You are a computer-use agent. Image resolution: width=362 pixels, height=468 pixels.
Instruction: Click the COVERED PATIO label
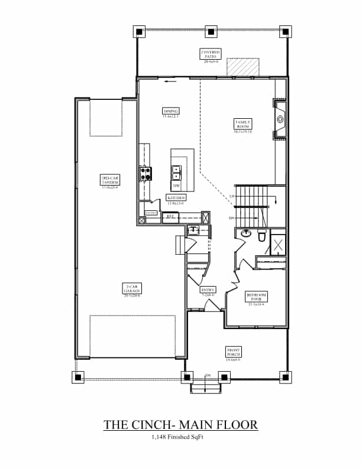(211, 56)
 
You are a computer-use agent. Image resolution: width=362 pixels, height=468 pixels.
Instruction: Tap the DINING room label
(170, 112)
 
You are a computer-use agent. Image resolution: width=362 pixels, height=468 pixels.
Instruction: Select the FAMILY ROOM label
(243, 126)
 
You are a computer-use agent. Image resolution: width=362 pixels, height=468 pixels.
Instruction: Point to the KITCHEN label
(176, 199)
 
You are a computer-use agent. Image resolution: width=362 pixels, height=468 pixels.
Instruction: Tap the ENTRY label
(208, 291)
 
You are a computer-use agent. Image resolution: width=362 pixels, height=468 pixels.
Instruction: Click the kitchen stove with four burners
(146, 173)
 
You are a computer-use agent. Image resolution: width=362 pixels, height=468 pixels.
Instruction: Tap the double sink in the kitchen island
(176, 173)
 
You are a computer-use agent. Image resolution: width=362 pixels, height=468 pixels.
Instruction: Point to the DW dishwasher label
(176, 186)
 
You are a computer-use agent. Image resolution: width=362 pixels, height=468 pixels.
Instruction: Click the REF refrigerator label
(169, 217)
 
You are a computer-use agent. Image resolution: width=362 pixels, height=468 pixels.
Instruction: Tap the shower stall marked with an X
(278, 244)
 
